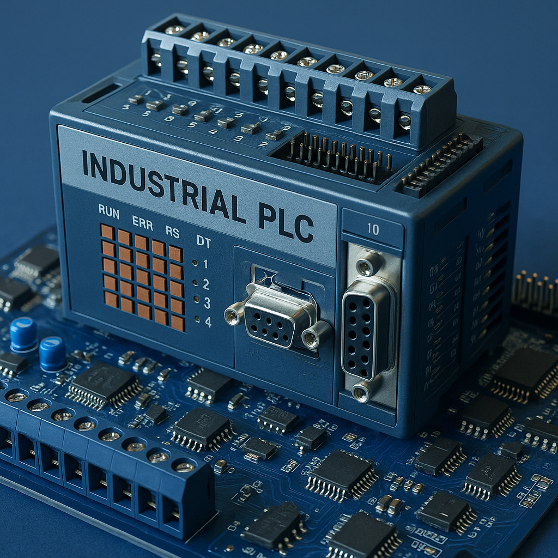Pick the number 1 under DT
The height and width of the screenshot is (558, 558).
coord(206,264)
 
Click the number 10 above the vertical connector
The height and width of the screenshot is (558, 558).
coord(373,229)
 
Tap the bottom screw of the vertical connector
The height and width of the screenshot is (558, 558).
coord(361,392)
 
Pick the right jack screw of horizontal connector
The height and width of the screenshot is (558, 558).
coord(313,338)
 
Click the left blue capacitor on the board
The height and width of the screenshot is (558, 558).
coord(23,334)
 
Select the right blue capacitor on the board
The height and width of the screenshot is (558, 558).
coord(52,354)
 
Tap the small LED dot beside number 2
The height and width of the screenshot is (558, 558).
coord(195,283)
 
